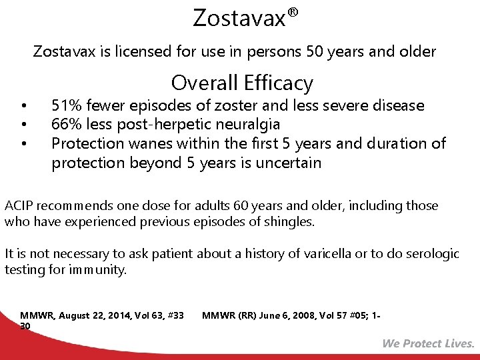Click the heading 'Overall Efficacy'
coord(242,83)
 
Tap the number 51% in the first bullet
coord(65,105)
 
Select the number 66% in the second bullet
coord(65,124)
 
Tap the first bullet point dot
coord(24,105)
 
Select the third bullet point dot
coord(24,143)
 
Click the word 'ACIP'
coord(19,205)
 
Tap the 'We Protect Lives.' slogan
coord(428,343)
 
